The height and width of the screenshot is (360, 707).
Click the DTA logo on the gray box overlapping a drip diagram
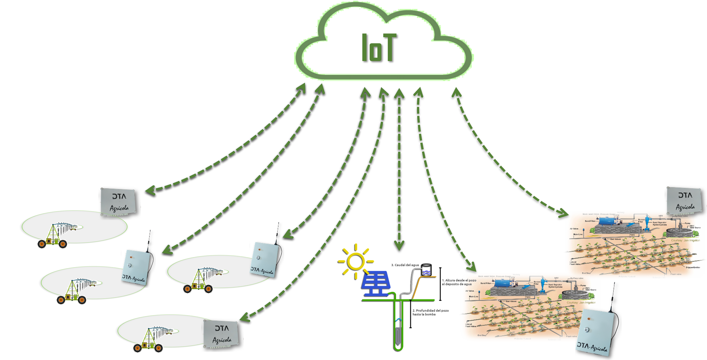coord(685,195)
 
